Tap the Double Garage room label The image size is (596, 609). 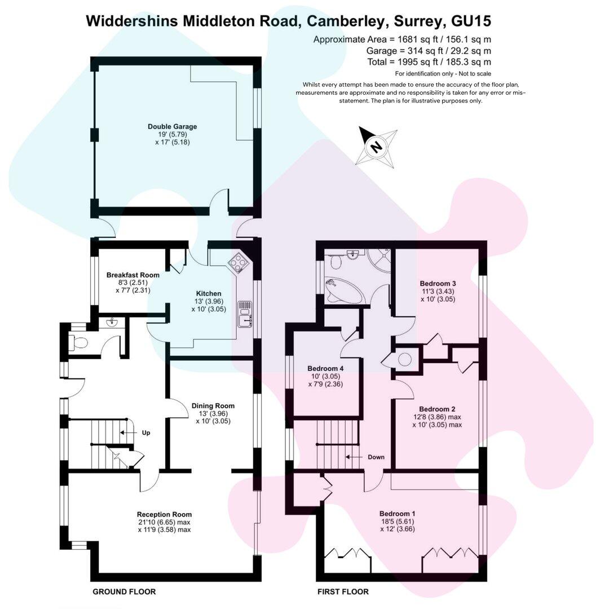pyautogui.click(x=172, y=126)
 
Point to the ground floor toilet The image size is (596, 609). pyautogui.click(x=79, y=341)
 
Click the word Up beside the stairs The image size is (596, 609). pyautogui.click(x=146, y=433)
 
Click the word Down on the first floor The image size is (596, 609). pyautogui.click(x=376, y=457)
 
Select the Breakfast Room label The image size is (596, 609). pyautogui.click(x=133, y=275)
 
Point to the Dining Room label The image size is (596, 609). pyautogui.click(x=213, y=405)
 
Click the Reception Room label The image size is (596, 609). pyautogui.click(x=164, y=514)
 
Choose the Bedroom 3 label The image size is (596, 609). pyautogui.click(x=438, y=283)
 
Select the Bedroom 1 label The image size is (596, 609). pyautogui.click(x=397, y=514)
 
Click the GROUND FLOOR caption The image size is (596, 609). pyautogui.click(x=124, y=592)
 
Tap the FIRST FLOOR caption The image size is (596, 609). pyautogui.click(x=342, y=592)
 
